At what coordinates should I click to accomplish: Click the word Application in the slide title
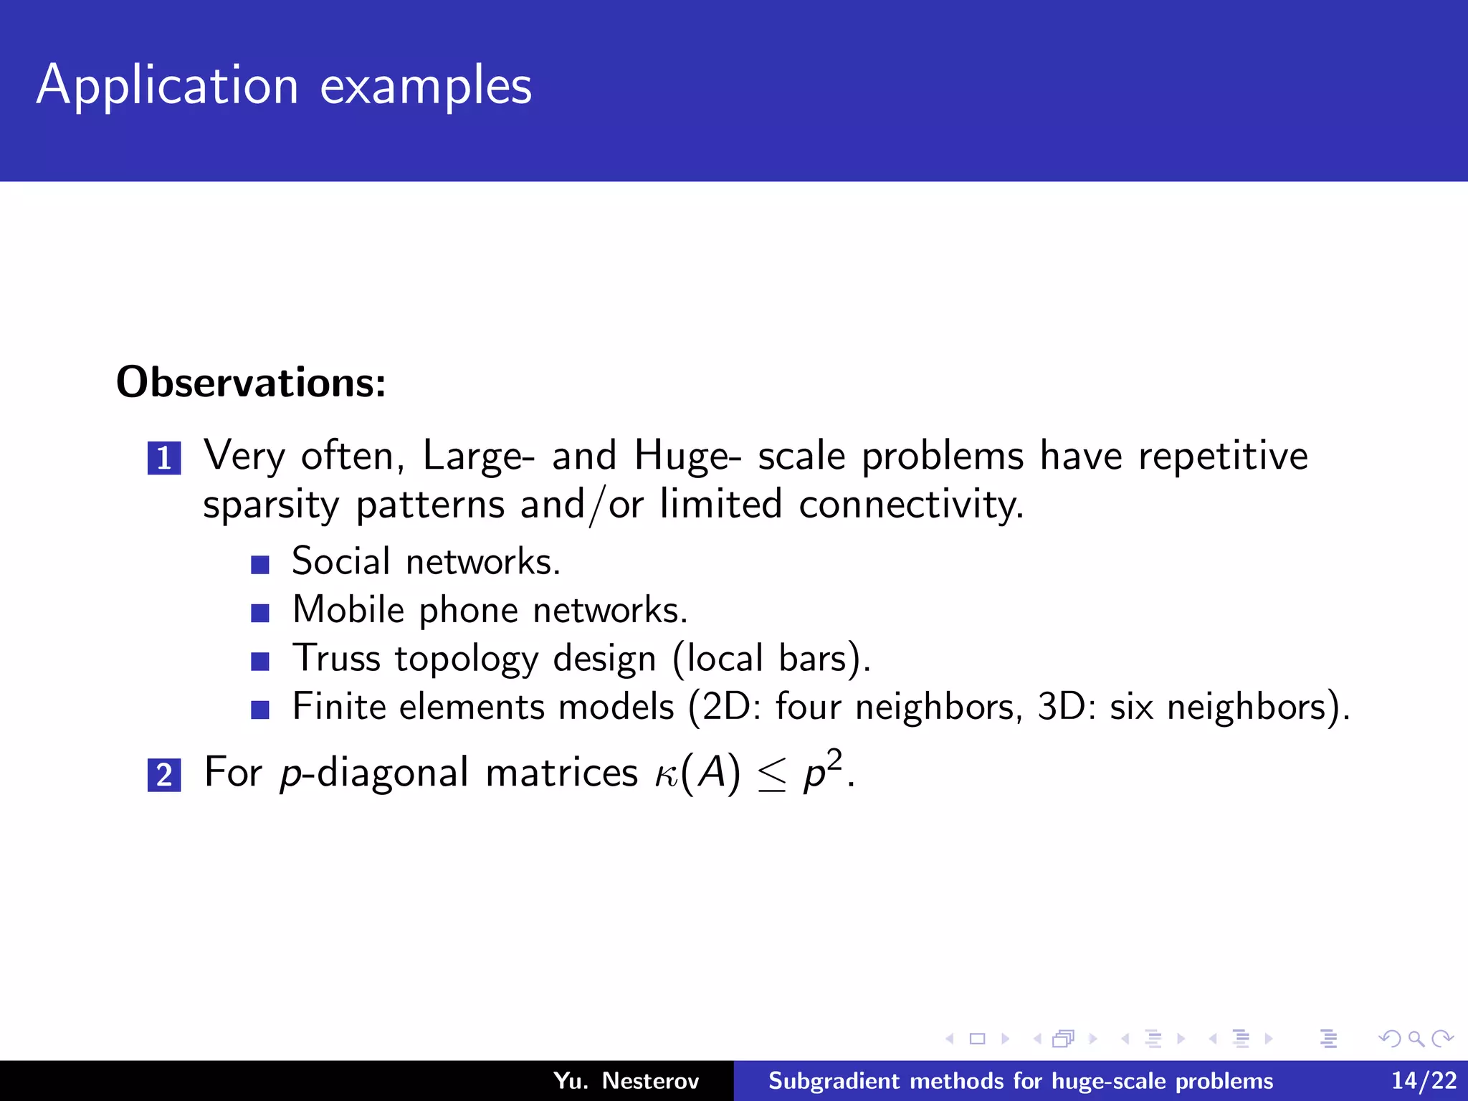(167, 86)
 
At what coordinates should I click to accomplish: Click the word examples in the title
(426, 86)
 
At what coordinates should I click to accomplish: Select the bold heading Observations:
(251, 382)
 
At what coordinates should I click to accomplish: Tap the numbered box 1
(164, 458)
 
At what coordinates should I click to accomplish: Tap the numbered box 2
(164, 775)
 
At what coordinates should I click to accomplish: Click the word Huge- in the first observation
(687, 456)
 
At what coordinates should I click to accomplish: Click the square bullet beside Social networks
(260, 565)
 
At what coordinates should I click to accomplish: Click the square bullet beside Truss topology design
(260, 661)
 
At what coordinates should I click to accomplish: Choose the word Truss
(336, 658)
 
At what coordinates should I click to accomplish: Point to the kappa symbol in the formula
(666, 776)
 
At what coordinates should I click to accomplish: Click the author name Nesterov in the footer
(650, 1080)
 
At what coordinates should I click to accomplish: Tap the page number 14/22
(1424, 1080)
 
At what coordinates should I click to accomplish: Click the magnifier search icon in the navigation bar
(1416, 1039)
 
